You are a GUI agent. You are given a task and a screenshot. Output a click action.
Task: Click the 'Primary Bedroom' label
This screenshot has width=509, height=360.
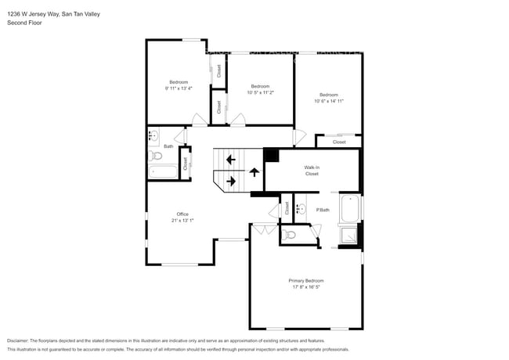coord(305,281)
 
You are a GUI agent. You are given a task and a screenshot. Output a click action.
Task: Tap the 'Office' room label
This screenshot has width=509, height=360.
coord(182,214)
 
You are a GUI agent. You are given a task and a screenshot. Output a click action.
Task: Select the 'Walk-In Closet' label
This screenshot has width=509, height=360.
coord(312,171)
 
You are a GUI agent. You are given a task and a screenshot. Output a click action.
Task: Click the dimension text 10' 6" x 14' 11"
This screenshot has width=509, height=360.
coord(329,100)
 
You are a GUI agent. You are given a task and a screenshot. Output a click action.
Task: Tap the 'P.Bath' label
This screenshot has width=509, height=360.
coord(323,210)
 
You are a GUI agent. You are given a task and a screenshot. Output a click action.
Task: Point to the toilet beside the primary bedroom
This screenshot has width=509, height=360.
coord(290,234)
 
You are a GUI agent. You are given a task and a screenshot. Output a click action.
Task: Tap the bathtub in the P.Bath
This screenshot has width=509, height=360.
coord(349,209)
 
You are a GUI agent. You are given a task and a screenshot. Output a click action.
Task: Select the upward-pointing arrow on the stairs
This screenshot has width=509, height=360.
coord(254,172)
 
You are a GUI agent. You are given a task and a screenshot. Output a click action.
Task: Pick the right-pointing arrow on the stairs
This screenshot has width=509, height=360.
coord(230,182)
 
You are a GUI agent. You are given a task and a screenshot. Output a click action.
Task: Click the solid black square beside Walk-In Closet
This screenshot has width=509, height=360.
coord(271,155)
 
